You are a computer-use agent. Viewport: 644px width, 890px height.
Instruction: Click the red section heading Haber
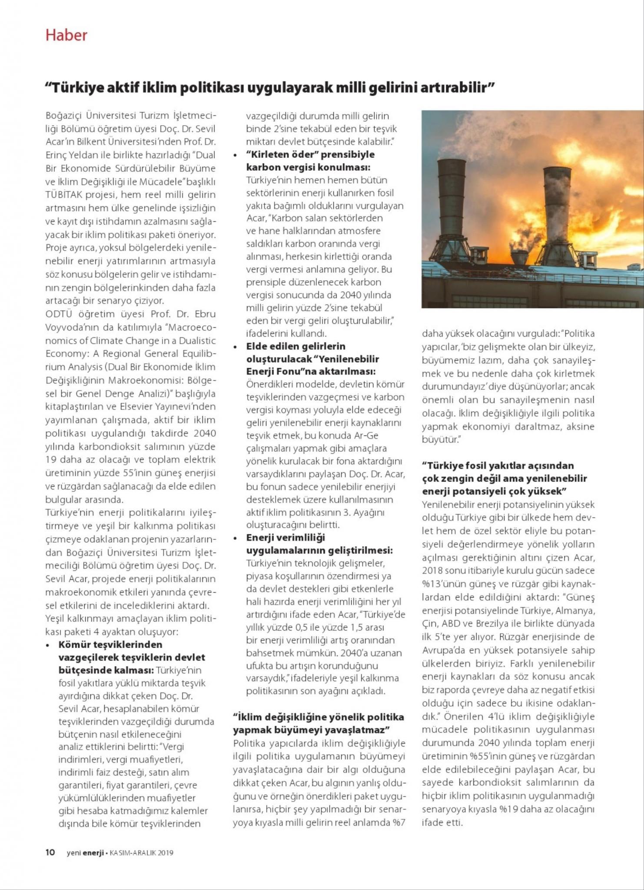tap(66, 35)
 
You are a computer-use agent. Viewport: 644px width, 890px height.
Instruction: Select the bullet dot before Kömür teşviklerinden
tap(48, 645)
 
